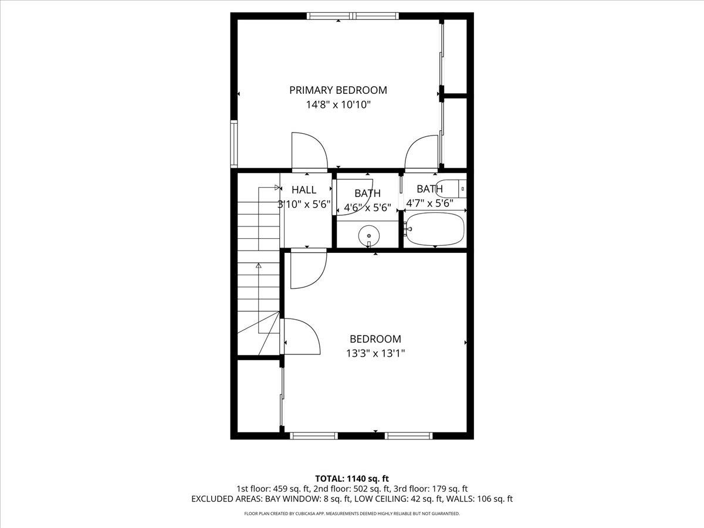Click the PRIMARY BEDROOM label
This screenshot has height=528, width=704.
(x=338, y=90)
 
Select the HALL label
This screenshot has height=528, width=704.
(x=304, y=190)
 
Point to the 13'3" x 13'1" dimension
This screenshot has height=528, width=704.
(x=375, y=353)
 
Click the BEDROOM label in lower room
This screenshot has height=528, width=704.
(x=375, y=339)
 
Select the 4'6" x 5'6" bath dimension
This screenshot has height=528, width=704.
(x=367, y=207)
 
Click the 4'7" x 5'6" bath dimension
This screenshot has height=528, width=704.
(x=430, y=204)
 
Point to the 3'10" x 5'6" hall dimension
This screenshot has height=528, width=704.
(x=304, y=205)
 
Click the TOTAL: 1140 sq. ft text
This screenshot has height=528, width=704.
(x=352, y=478)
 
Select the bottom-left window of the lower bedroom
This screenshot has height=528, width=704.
(x=314, y=436)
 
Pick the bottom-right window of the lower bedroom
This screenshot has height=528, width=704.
(x=409, y=436)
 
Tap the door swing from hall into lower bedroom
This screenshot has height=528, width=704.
(x=307, y=269)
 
